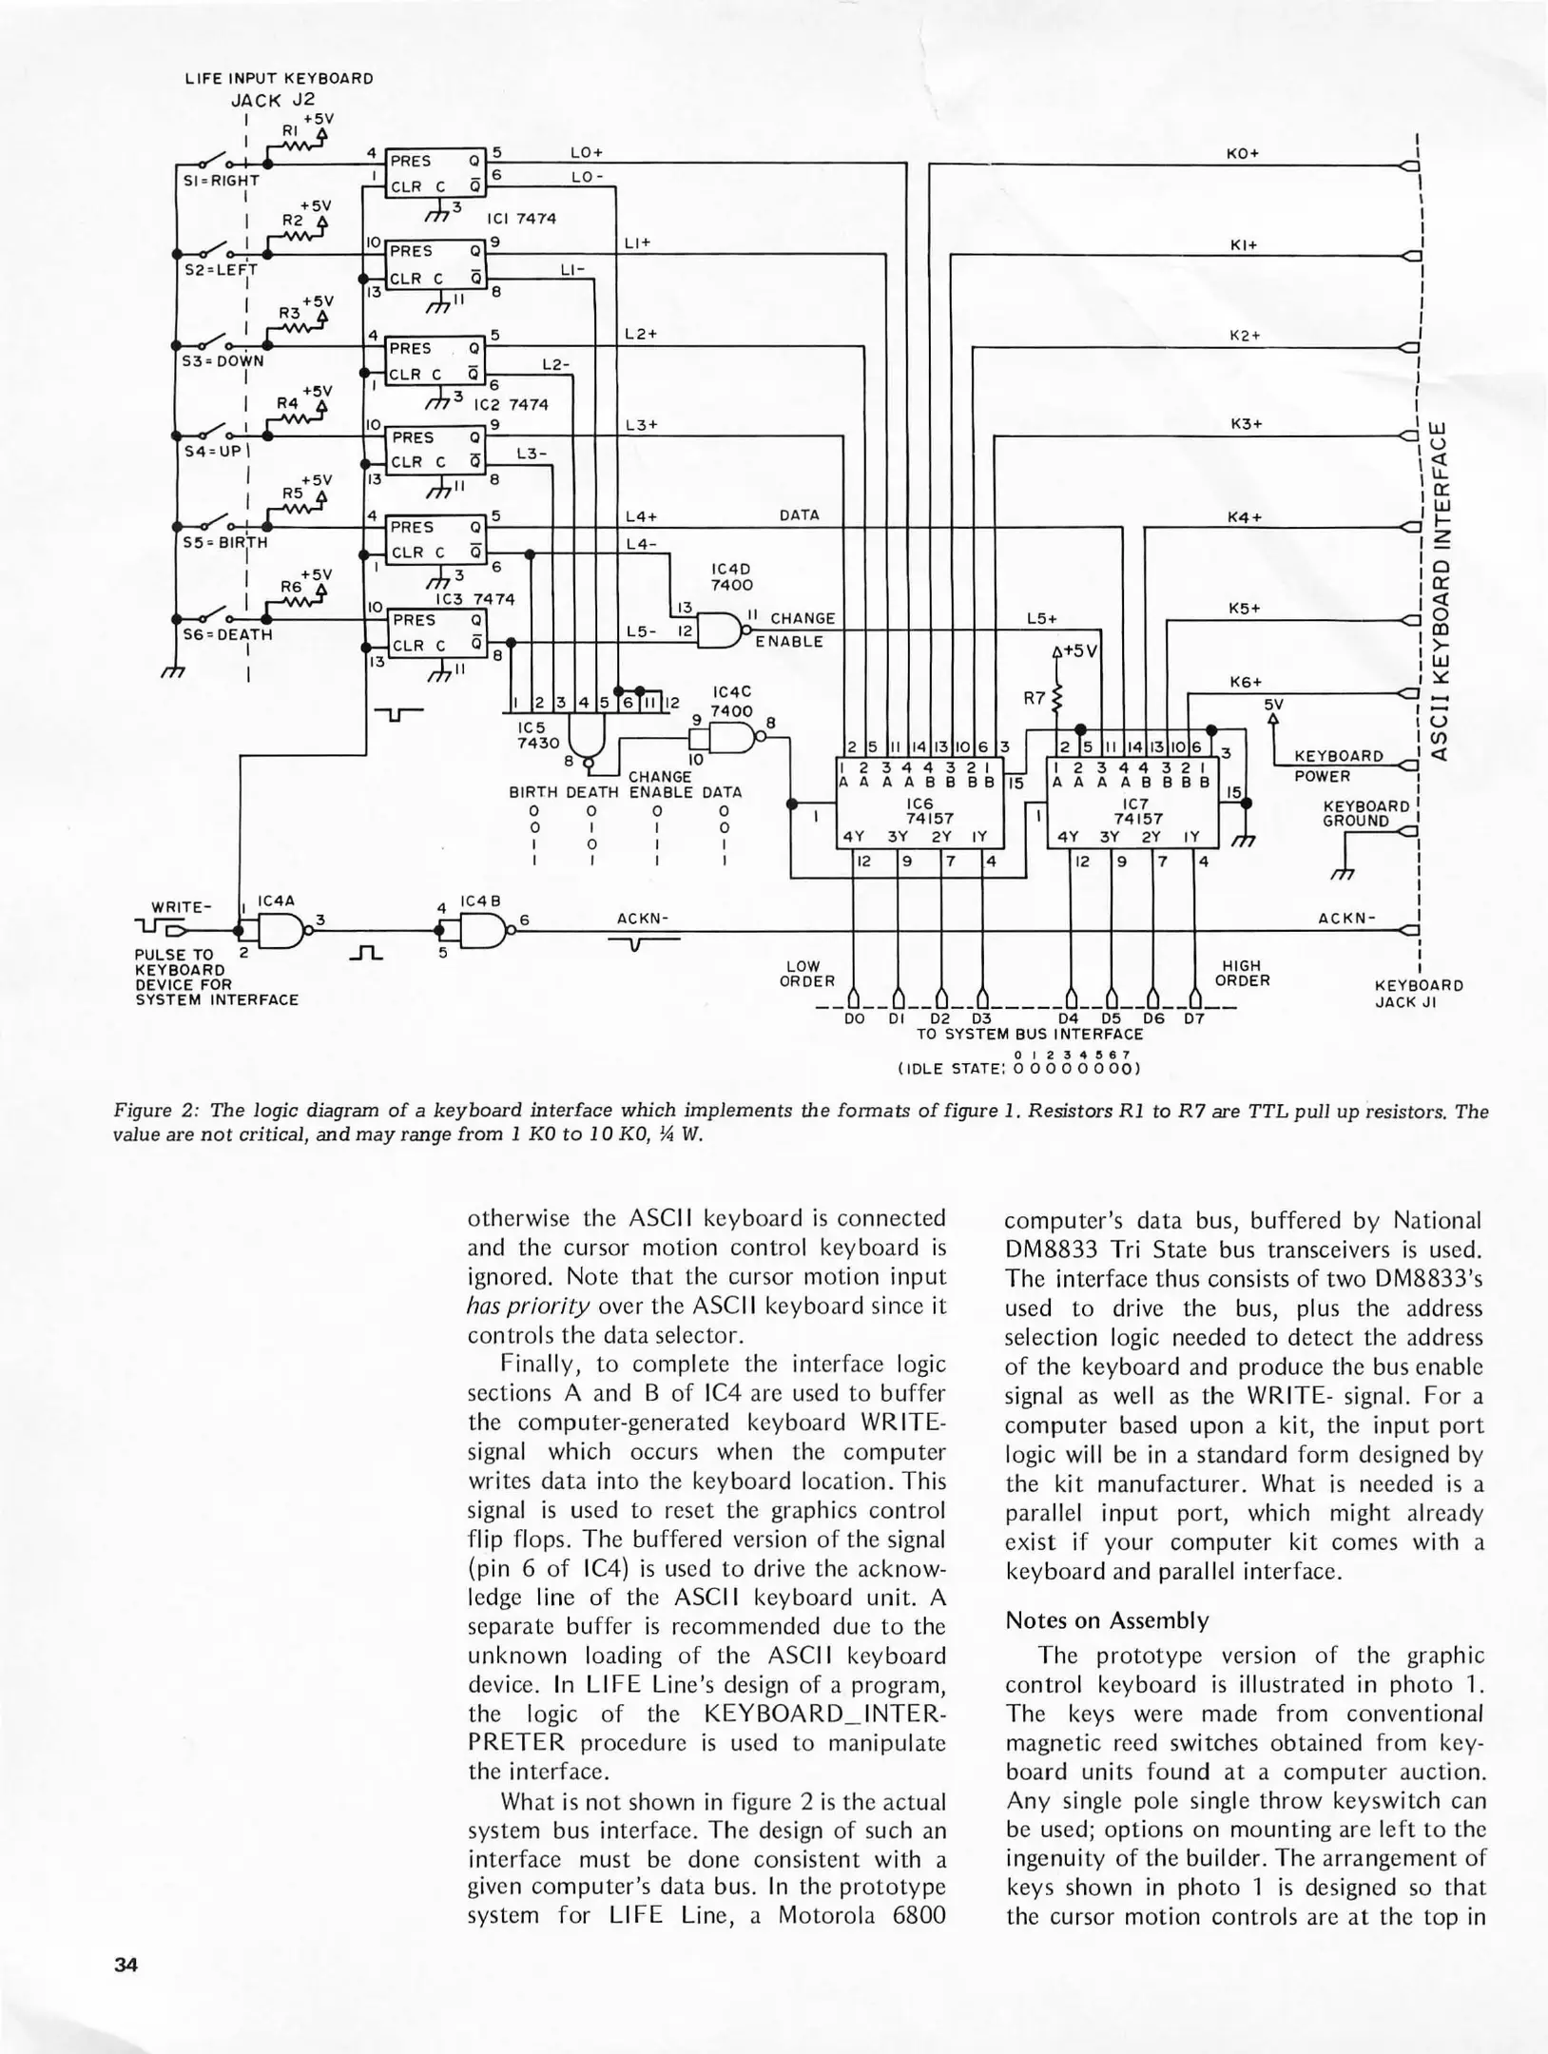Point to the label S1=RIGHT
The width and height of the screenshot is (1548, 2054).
[x=220, y=180]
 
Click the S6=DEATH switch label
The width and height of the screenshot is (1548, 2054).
[x=227, y=634]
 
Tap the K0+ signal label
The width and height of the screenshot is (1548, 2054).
[x=1243, y=153]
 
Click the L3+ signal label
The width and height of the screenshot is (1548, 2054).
[x=642, y=425]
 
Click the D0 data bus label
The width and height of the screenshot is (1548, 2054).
[x=854, y=1019]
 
